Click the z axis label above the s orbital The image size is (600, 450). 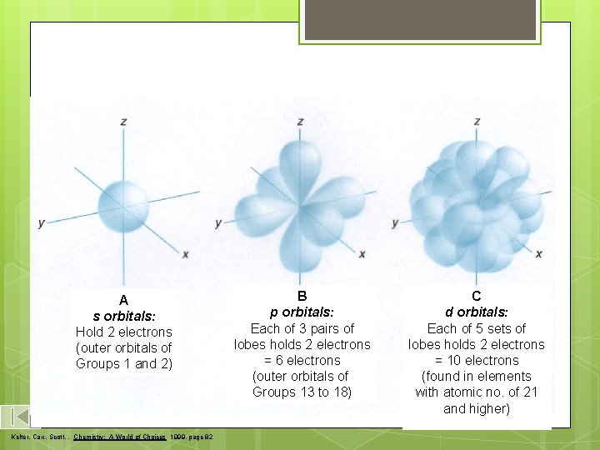123,122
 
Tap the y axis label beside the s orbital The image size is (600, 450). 41,223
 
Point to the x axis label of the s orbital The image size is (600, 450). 185,254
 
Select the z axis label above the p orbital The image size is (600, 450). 300,122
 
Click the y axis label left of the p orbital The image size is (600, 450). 218,223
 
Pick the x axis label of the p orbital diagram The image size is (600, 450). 362,254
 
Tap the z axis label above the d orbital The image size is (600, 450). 477,122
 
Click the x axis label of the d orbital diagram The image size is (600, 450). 538,254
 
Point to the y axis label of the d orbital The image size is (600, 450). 395,223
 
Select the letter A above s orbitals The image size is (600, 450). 123,300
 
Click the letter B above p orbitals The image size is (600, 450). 302,296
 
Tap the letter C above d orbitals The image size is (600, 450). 477,296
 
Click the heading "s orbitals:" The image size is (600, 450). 123,316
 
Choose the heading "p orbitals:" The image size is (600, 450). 302,312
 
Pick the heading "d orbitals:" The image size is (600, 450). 477,312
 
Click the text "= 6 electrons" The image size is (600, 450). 302,360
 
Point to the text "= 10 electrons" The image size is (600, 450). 477,360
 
